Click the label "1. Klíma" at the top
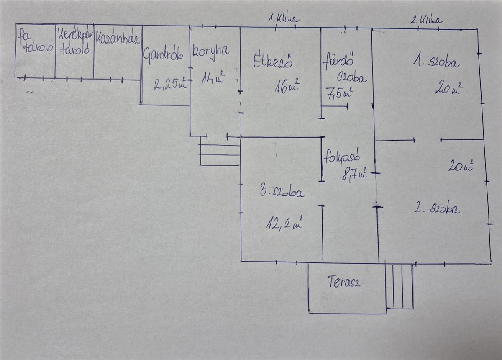(283, 19)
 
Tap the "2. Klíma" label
(426, 19)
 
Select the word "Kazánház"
(117, 39)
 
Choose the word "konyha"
(211, 51)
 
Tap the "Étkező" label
(272, 62)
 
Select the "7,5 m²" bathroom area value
(338, 92)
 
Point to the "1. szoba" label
(436, 62)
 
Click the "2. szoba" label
(437, 208)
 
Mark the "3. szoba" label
(282, 192)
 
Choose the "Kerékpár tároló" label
(75, 42)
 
